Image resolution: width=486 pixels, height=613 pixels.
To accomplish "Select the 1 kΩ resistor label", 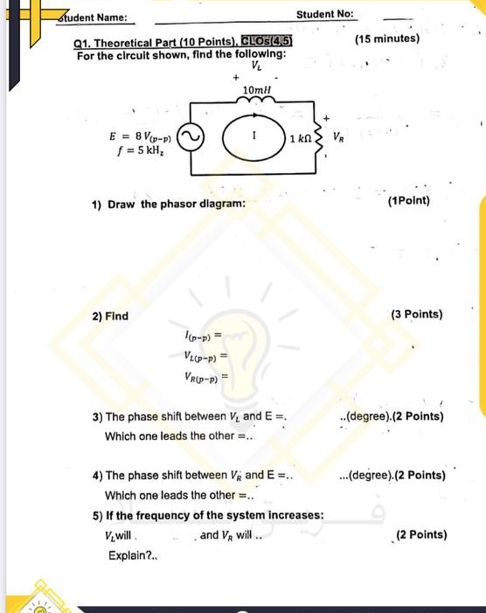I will click(299, 140).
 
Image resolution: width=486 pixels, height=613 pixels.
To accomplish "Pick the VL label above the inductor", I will click(255, 67).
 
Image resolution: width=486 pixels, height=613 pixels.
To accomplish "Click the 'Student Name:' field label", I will click(94, 17).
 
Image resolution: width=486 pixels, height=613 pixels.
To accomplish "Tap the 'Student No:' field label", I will click(324, 15).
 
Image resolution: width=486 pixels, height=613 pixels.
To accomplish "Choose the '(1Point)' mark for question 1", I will click(407, 202).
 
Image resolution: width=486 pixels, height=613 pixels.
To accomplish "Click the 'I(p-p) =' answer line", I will click(200, 334).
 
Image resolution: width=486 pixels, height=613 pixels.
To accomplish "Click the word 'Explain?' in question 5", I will click(128, 555).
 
